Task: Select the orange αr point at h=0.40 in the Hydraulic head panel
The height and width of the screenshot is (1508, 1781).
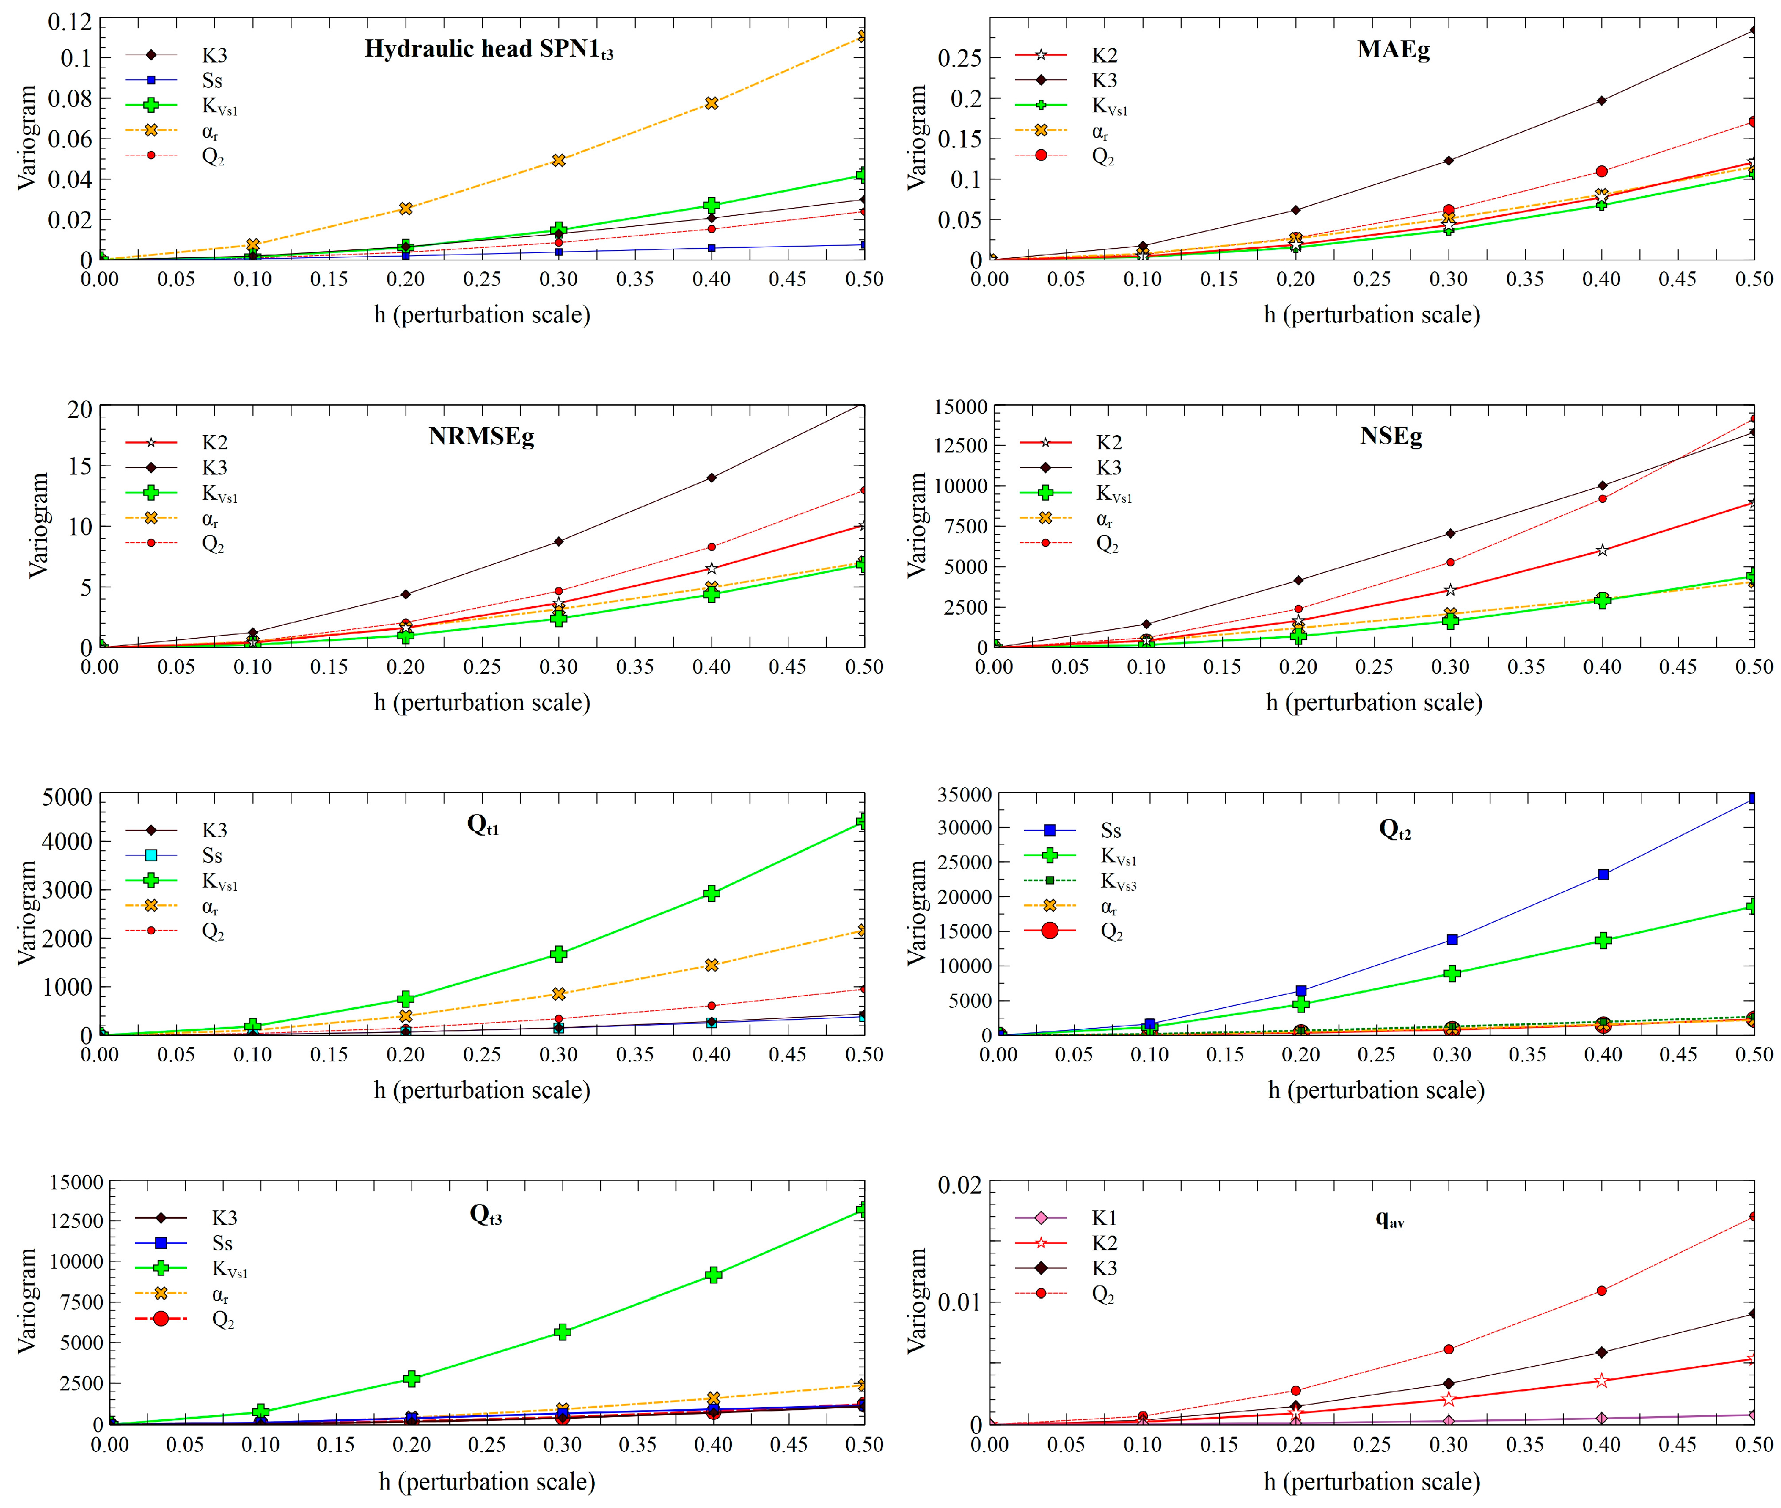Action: point(711,103)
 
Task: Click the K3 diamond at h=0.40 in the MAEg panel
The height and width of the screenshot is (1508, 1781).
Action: point(1601,101)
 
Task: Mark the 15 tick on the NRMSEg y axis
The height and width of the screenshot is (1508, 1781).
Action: point(79,467)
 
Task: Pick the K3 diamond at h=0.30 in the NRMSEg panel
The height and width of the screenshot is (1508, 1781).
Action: point(558,541)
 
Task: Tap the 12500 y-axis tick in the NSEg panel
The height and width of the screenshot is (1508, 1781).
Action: point(960,446)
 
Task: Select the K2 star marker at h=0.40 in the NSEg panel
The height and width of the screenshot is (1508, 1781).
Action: point(1603,551)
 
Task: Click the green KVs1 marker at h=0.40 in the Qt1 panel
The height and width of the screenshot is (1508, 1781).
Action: point(711,893)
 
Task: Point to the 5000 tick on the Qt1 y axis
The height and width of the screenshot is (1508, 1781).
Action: point(67,797)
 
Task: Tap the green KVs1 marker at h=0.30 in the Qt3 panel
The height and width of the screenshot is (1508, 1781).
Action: point(563,1332)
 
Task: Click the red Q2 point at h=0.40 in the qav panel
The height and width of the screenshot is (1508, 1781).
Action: point(1601,1291)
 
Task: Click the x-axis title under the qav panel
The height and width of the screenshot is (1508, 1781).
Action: point(1372,1482)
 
